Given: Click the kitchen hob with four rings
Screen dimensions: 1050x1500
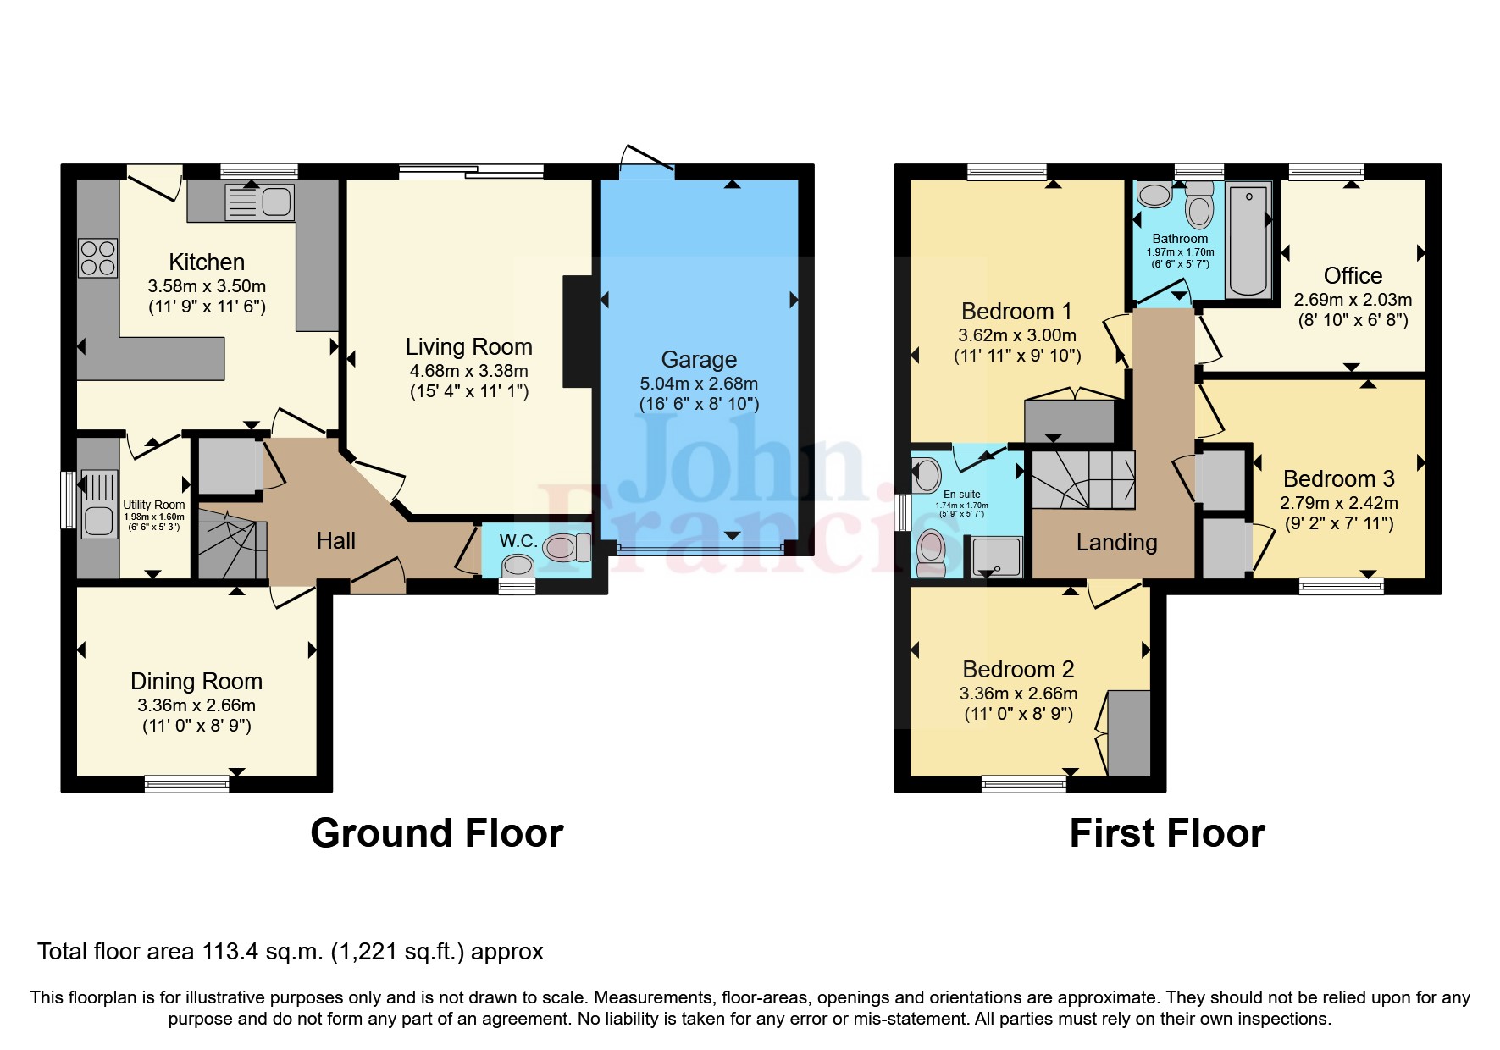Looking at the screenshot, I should [97, 258].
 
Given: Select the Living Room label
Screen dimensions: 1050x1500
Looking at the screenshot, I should [468, 347].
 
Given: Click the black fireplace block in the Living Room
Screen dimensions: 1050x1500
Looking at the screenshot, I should [577, 331].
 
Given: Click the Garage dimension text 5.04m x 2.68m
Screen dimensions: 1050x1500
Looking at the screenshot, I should [699, 384].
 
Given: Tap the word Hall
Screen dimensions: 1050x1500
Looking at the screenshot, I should [335, 541].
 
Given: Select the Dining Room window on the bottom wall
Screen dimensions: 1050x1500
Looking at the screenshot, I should [186, 783].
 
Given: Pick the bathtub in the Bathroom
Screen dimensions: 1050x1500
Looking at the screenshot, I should [1248, 239].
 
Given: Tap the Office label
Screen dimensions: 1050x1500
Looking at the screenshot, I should [1353, 276].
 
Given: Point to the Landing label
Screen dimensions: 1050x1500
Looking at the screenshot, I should [1116, 543].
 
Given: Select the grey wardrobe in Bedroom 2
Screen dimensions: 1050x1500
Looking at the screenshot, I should [1129, 733].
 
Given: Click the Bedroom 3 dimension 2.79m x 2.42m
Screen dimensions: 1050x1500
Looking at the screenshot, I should [1338, 503].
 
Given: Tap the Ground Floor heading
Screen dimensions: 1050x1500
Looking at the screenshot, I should [436, 833].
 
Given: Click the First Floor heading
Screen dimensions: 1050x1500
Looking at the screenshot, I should [1166, 833].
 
